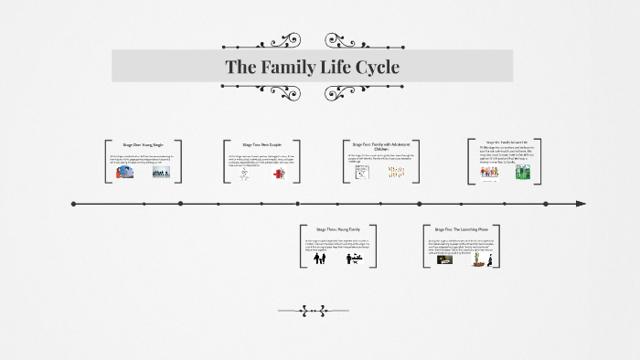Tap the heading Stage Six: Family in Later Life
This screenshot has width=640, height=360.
(x=505, y=143)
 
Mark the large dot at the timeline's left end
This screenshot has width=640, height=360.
(x=73, y=203)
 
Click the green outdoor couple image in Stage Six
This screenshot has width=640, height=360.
(x=522, y=171)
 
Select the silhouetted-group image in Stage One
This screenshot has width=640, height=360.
(x=157, y=171)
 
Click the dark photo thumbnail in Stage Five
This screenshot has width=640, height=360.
(x=444, y=259)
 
